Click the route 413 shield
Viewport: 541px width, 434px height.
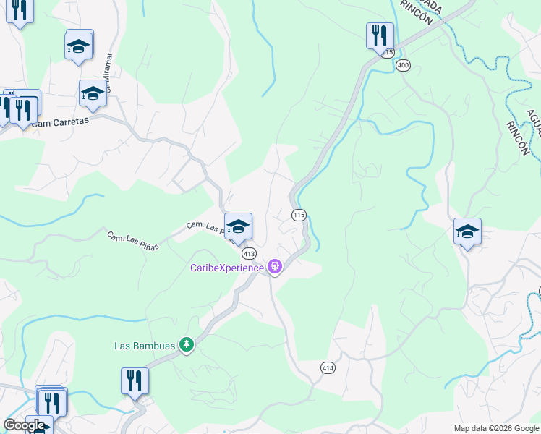point(250,254)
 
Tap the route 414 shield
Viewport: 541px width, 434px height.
point(328,368)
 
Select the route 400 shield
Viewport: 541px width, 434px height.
point(404,66)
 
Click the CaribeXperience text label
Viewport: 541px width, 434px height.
point(226,268)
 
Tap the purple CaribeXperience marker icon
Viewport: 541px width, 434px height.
point(275,268)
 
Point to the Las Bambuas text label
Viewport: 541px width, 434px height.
point(145,346)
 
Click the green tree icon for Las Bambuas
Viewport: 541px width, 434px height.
point(187,345)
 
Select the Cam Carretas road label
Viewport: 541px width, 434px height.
point(60,122)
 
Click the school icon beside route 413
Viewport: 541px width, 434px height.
point(238,227)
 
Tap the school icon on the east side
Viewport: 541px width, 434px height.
point(467,232)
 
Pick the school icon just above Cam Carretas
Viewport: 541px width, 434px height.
point(93,94)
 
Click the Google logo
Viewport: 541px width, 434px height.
point(25,425)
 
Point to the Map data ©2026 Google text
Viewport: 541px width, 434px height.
point(496,428)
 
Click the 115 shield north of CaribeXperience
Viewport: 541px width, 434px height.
point(299,215)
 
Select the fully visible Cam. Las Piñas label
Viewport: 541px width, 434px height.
point(132,241)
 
